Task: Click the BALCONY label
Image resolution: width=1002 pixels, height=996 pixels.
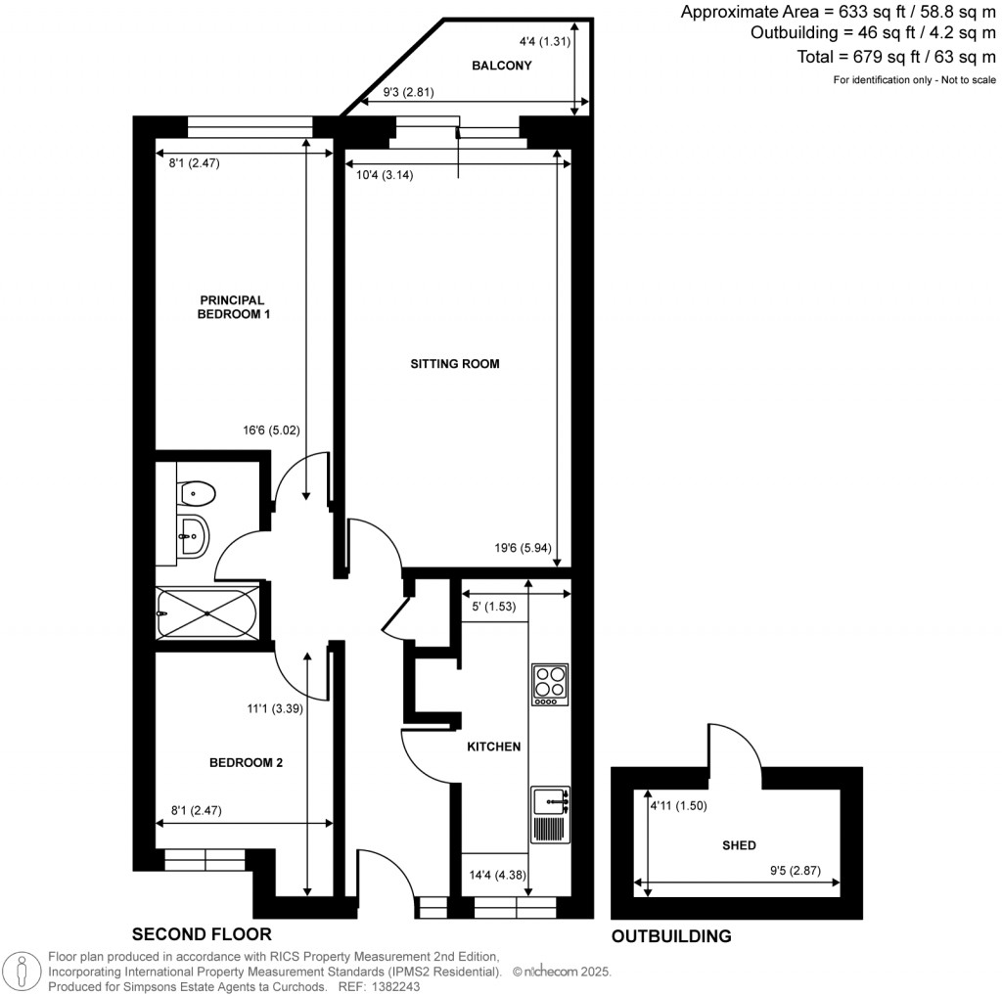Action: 501,67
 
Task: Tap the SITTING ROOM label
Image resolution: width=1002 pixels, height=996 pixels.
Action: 455,364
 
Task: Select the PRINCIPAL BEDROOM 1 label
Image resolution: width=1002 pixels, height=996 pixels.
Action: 234,307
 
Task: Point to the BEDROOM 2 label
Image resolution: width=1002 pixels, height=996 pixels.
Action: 246,762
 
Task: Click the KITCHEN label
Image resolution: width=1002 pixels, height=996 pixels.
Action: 492,747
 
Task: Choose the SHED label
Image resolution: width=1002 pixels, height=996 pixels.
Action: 739,844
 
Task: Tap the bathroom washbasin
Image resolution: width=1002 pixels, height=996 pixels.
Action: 192,534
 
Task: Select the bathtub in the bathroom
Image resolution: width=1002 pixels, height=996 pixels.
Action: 206,613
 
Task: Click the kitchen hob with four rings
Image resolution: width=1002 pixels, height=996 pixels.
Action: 549,685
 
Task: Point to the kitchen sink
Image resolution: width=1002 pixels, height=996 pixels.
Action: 550,802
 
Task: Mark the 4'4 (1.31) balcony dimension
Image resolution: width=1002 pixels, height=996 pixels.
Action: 541,42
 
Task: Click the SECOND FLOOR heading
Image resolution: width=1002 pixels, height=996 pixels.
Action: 202,933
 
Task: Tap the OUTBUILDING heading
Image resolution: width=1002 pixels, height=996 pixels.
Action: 671,935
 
